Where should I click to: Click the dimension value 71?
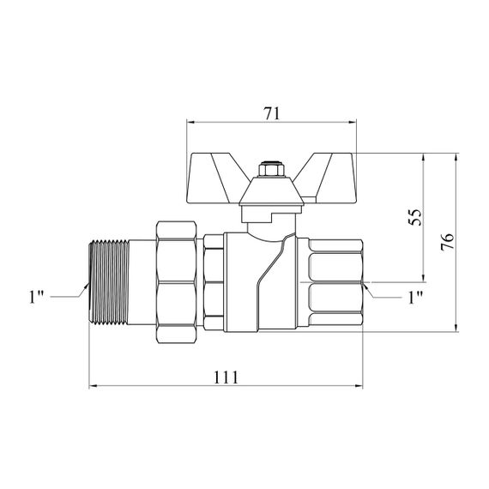tap(272, 113)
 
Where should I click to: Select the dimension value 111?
tap(226, 377)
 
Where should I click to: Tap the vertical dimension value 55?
tap(415, 217)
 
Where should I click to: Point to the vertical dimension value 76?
tap(448, 242)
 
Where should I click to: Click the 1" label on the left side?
tap(36, 297)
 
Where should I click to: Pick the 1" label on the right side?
tap(415, 298)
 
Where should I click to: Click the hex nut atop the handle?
tap(271, 170)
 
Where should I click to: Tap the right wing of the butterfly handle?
tap(329, 175)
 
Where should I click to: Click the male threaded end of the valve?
tap(109, 283)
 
